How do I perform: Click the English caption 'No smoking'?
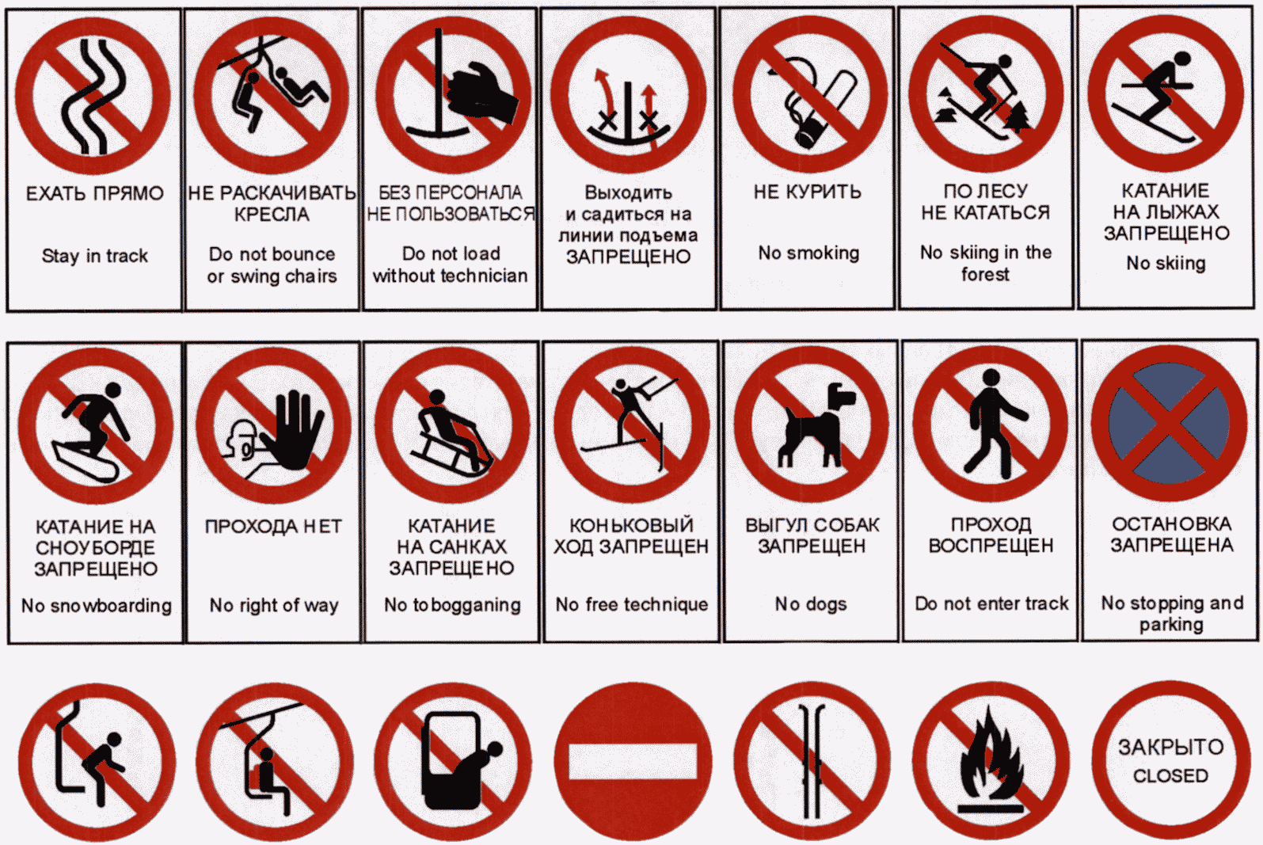(808, 253)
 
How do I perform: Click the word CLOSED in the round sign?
(1170, 775)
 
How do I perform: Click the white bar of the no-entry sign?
(633, 762)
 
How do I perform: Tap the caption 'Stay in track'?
(95, 256)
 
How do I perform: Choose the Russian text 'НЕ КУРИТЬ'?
(808, 192)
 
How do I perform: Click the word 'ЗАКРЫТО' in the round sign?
(1171, 747)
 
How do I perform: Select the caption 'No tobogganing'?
(452, 605)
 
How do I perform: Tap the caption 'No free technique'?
(632, 604)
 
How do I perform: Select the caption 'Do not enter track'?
(992, 603)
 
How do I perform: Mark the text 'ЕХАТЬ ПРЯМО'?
(95, 193)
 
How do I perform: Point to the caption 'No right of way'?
(274, 605)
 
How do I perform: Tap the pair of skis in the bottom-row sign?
(812, 761)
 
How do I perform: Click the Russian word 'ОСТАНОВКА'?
(1172, 523)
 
